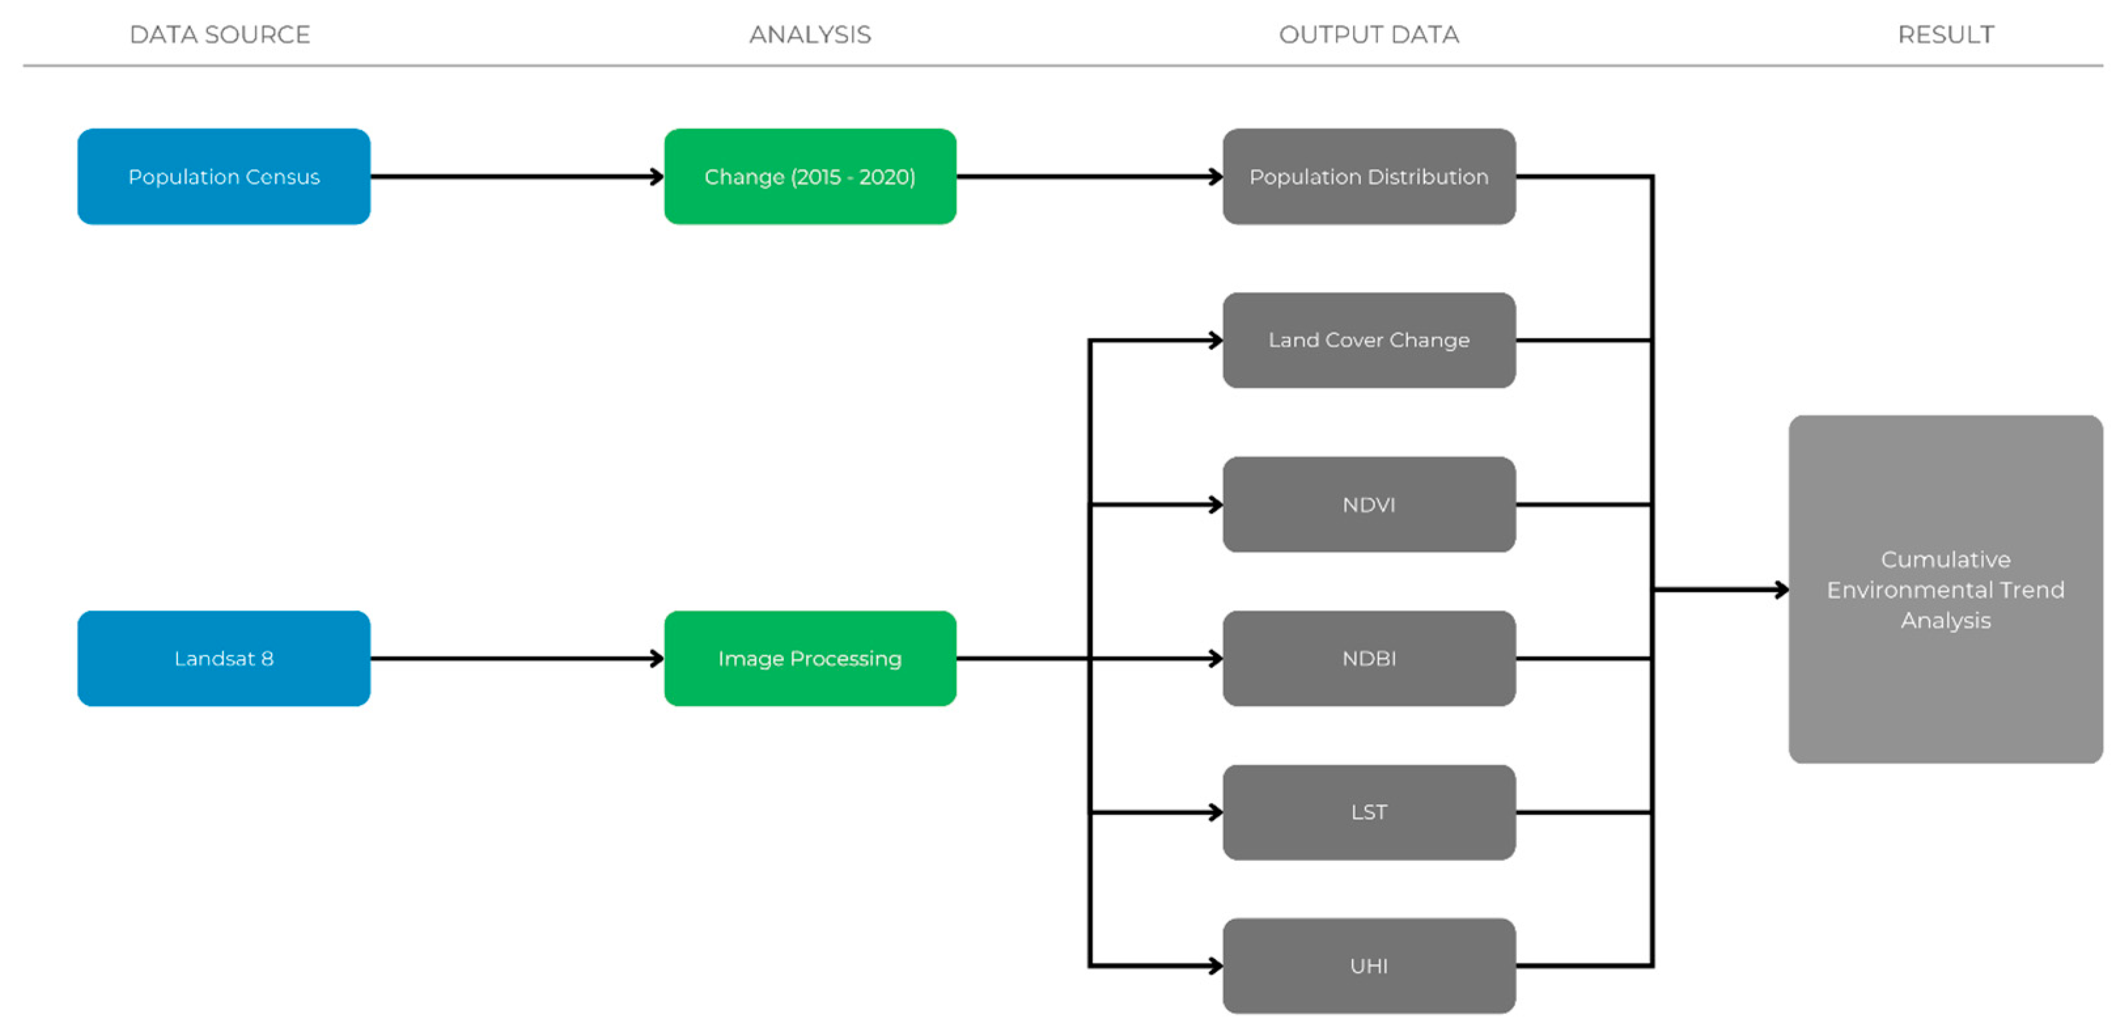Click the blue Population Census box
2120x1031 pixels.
[x=224, y=176]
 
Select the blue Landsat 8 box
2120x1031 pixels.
[x=224, y=658]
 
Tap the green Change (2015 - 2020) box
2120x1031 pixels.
[x=810, y=176]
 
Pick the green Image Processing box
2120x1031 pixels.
[x=810, y=658]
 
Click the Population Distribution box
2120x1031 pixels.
[x=1369, y=176]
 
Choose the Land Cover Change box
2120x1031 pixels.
[x=1369, y=340]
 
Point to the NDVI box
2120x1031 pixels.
[x=1369, y=504]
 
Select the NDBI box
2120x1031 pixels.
[x=1369, y=658]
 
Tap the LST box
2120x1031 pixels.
[x=1369, y=812]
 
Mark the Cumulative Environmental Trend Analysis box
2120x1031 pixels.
[x=1945, y=590]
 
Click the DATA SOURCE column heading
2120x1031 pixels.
[x=220, y=35]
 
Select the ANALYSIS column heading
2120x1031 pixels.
[x=810, y=35]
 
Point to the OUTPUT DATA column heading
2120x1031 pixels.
[x=1369, y=35]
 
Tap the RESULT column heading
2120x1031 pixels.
[x=1945, y=35]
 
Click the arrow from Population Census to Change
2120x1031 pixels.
[x=517, y=176]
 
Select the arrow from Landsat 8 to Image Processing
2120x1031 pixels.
[x=517, y=658]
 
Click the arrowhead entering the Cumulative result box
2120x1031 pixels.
[x=1781, y=590]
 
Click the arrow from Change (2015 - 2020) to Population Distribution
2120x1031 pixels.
[x=1089, y=176]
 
